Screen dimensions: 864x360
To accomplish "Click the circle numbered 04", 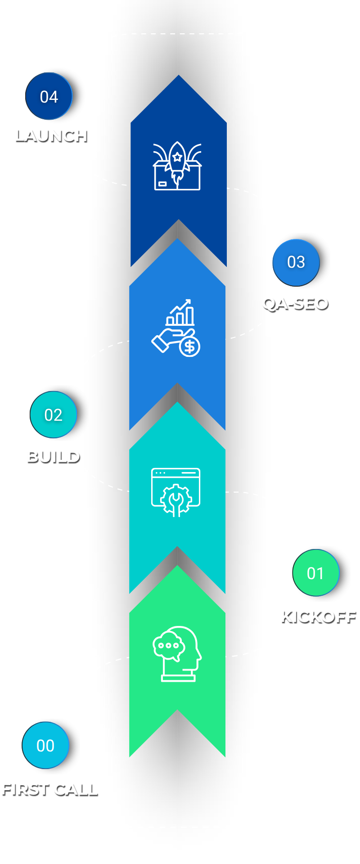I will (49, 96).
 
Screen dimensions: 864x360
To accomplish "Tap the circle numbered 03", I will (296, 262).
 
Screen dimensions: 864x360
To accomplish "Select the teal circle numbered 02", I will (54, 414).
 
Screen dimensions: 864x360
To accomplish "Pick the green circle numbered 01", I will (316, 573).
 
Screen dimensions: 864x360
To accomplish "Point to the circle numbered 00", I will (45, 745).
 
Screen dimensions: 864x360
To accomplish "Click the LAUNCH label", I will (51, 135).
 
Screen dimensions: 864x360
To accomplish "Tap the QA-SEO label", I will (295, 303).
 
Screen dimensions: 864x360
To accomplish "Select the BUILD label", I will (53, 456).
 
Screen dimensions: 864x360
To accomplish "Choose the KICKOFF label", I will (318, 616).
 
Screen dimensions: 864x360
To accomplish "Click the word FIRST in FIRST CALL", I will (25, 789).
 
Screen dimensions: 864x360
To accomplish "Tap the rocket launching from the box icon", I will (177, 166).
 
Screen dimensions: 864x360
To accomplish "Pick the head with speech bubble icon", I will (177, 653).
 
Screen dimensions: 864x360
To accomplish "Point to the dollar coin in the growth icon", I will (190, 347).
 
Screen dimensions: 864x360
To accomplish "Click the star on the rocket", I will (177, 157).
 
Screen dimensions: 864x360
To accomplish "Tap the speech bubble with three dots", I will (169, 645).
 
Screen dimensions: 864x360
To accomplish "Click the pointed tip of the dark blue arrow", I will (179, 76).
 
